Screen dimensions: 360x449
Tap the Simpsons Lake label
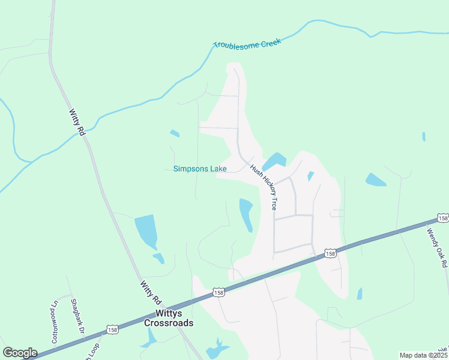pyautogui.click(x=200, y=169)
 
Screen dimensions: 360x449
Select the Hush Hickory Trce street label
pyautogui.click(x=264, y=187)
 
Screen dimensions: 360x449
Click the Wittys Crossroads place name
pyautogui.click(x=169, y=318)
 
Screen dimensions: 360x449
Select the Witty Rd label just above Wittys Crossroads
pyautogui.click(x=151, y=292)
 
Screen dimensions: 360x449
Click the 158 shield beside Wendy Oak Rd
pyautogui.click(x=442, y=218)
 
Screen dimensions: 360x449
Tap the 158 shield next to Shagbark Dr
pyautogui.click(x=112, y=329)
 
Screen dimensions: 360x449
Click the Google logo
pyautogui.click(x=20, y=353)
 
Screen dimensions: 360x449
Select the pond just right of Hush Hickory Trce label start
pyautogui.click(x=274, y=161)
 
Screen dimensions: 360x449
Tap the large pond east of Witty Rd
pyautogui.click(x=146, y=230)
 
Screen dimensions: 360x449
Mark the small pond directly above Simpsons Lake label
pyautogui.click(x=175, y=133)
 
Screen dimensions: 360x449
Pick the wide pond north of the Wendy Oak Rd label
pyautogui.click(x=375, y=179)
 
